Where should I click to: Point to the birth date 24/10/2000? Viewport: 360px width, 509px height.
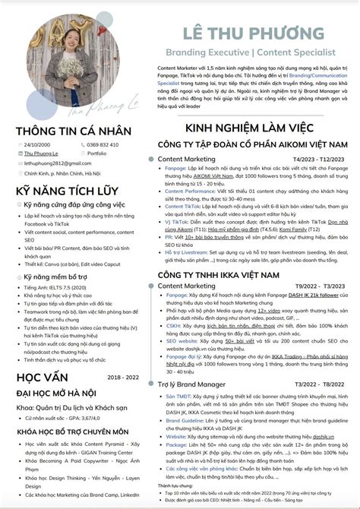click(38, 144)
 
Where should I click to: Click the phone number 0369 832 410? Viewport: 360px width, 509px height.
click(103, 144)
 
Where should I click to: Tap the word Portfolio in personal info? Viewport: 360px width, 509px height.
click(97, 153)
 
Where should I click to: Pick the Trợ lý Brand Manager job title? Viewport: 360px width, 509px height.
click(194, 384)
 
